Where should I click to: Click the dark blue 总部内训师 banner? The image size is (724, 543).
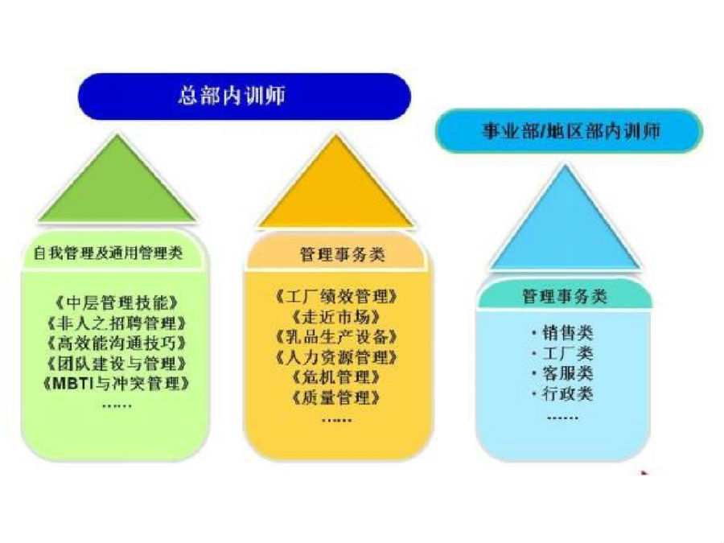tap(245, 97)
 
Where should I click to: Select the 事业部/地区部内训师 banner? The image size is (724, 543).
tap(569, 130)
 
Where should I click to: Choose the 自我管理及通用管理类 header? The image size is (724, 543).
tap(108, 253)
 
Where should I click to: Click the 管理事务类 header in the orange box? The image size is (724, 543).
tap(342, 254)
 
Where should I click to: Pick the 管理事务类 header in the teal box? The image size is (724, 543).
tap(564, 296)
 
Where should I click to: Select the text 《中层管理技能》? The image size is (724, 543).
tap(117, 303)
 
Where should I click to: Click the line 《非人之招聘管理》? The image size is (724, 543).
tap(117, 323)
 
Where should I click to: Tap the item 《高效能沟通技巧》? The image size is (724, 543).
tap(117, 343)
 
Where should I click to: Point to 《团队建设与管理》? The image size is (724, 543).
tap(117, 363)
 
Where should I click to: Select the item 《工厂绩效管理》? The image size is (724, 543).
tap(336, 296)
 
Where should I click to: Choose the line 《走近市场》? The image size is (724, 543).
tap(336, 317)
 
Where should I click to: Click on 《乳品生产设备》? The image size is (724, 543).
tap(336, 336)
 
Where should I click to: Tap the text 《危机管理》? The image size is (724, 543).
tap(336, 377)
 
